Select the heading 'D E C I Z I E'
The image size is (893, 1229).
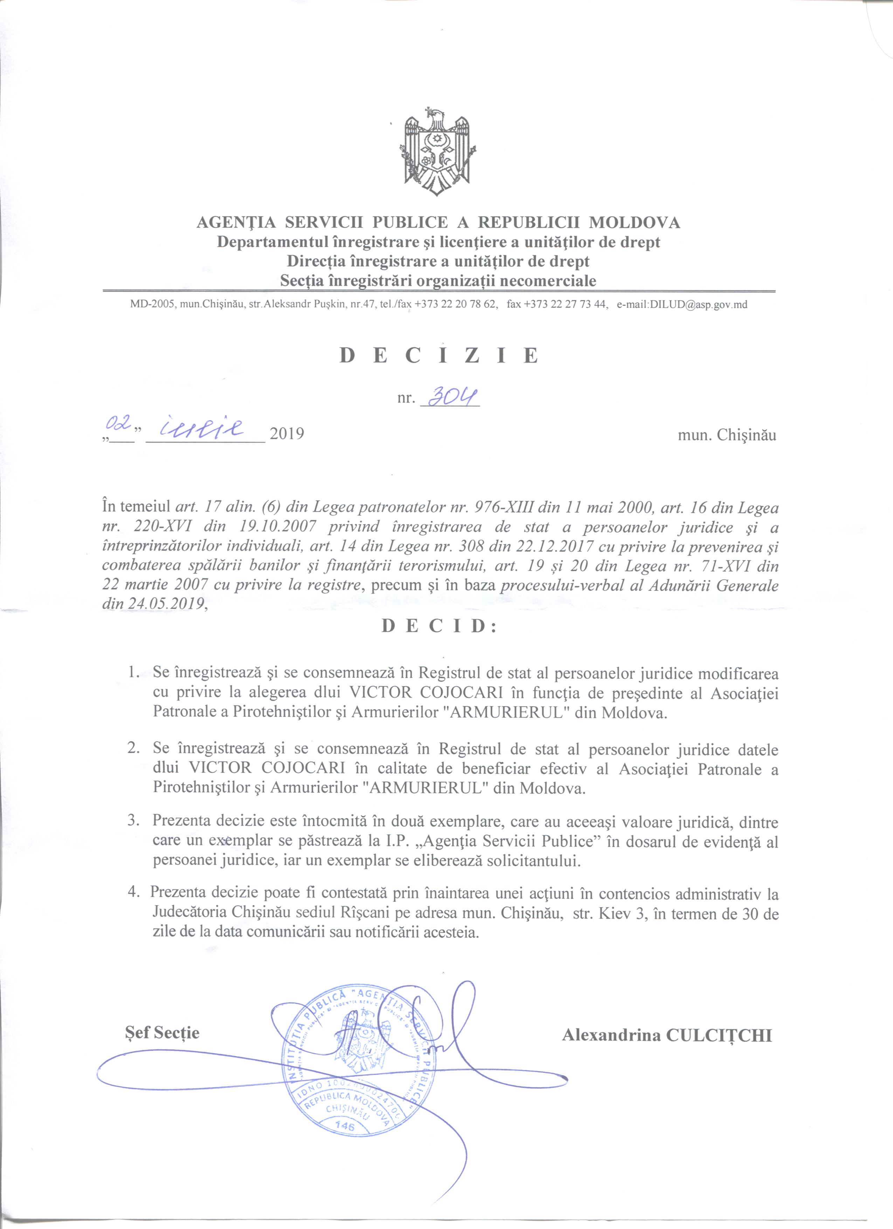click(x=439, y=355)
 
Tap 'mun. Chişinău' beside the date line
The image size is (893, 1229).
click(x=727, y=435)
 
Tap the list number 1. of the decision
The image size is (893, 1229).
click(x=133, y=674)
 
